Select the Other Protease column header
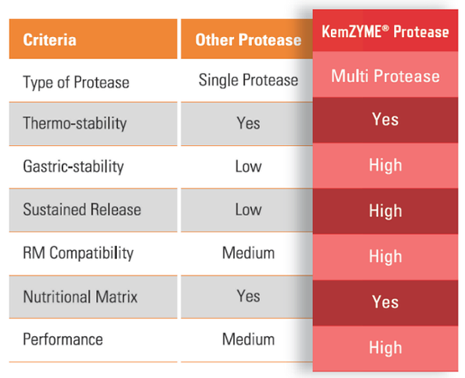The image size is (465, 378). tap(248, 40)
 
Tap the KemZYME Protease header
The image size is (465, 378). tap(385, 32)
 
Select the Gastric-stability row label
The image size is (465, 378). tap(73, 167)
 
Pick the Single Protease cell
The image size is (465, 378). tap(248, 80)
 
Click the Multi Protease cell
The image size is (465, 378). tap(385, 76)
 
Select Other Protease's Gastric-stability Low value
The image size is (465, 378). tap(248, 167)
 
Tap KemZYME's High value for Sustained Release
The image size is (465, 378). tap(385, 211)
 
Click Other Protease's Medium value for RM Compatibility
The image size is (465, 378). tap(248, 253)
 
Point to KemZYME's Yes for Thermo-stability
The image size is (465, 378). tap(385, 120)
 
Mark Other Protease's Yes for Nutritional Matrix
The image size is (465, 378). tap(248, 296)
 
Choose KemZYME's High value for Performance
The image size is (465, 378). tap(385, 348)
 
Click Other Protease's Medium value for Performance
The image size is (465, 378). tap(248, 339)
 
